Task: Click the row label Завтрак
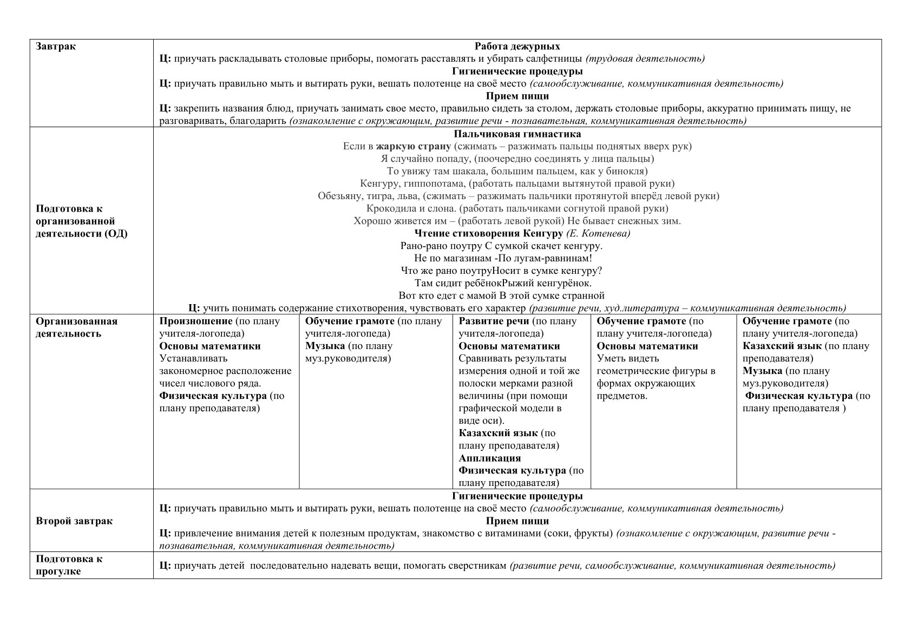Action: (56, 47)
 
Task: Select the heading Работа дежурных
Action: (517, 47)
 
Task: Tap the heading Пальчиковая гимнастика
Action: (517, 134)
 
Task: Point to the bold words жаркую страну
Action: (414, 146)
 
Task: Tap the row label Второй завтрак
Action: (74, 521)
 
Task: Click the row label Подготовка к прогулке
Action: (69, 565)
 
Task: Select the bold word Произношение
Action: (196, 321)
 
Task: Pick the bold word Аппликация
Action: (489, 458)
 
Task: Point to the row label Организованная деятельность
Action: (76, 327)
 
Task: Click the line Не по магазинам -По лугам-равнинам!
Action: (502, 259)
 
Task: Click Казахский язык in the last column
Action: (782, 346)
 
